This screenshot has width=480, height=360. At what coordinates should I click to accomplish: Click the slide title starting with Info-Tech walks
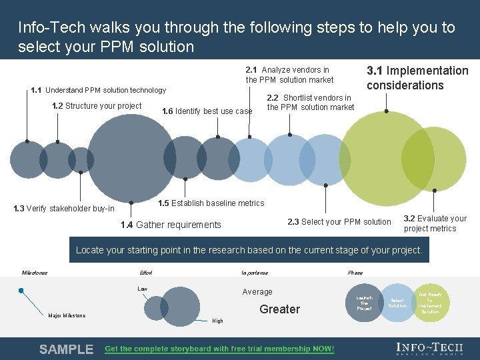coord(237,37)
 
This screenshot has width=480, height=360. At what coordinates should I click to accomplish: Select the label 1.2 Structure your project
coord(97,106)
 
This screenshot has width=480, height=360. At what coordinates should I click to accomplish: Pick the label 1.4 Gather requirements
coord(171,225)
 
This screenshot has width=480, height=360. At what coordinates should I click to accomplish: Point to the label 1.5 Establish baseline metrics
coord(211,203)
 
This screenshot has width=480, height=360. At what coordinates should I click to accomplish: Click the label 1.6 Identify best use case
coord(207,111)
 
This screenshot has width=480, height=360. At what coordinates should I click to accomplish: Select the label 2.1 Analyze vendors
coord(289,75)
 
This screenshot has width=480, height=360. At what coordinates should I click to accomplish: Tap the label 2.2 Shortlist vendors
coord(310,103)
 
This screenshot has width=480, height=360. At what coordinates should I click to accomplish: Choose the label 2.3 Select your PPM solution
coord(339,222)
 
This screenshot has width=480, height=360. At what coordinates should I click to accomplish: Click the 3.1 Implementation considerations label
coord(417,78)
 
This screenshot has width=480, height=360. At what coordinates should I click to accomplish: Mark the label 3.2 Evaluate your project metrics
coord(435,223)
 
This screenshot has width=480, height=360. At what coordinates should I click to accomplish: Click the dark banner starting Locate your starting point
coord(249,251)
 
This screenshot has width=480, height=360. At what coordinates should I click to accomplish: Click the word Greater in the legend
coord(279,309)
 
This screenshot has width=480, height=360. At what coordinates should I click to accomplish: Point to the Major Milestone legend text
coord(67,315)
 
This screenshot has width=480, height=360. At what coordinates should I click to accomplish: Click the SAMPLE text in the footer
coord(66,349)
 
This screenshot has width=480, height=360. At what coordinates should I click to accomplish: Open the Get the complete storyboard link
coord(219,349)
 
